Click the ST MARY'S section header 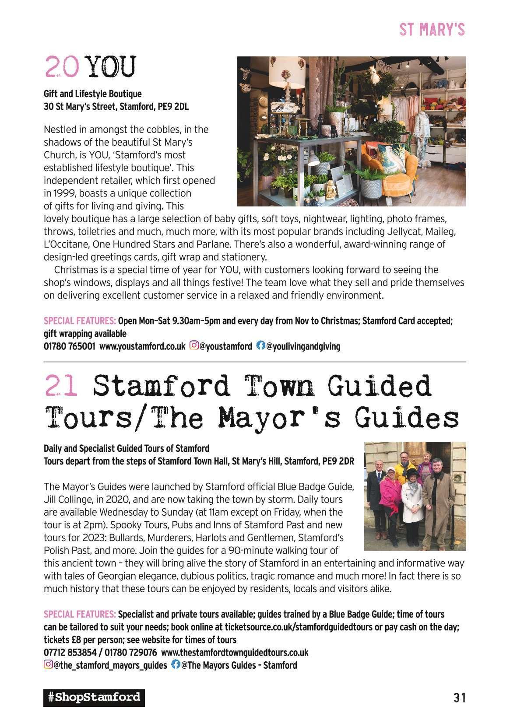pos(432,30)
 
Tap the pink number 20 pos(61,66)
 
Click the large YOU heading pos(111,66)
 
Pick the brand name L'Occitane pos(65,244)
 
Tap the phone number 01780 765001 pos(69,346)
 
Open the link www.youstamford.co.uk pos(142,346)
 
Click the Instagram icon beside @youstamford pos(193,346)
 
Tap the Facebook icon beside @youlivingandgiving pos(260,346)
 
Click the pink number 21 pos(61,387)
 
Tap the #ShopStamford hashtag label pos(94,697)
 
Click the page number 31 pos(459,697)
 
